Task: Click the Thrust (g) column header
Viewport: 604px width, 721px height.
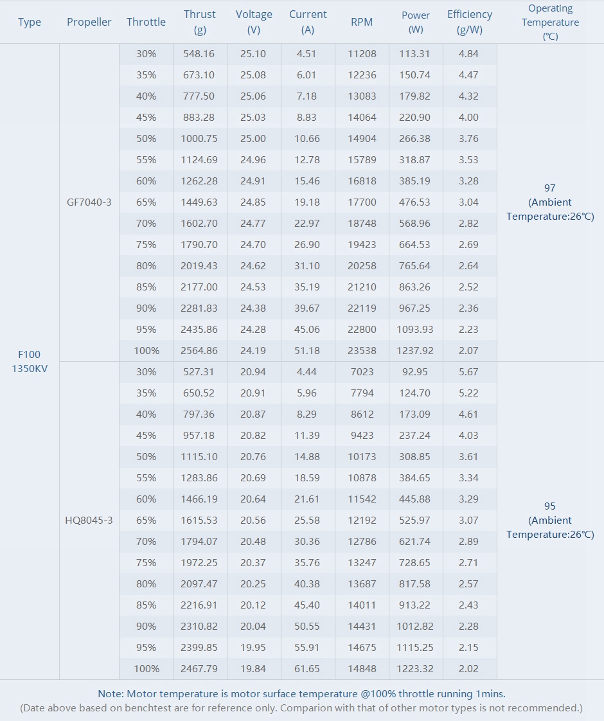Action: coord(200,22)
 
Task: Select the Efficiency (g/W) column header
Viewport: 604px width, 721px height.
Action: coord(470,22)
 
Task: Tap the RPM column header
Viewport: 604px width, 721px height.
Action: coord(362,22)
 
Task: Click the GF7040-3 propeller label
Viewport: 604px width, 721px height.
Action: coord(89,202)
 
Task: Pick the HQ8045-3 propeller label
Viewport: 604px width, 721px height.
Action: coord(89,521)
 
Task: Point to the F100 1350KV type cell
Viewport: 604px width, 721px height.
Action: coord(30,362)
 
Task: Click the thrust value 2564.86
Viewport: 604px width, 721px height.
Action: coord(199,351)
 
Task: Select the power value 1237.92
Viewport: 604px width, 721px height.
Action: coord(415,351)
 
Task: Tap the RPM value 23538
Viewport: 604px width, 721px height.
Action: coord(362,351)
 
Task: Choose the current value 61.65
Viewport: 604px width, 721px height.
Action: coord(307,669)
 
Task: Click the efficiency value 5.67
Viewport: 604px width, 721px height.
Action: coord(468,372)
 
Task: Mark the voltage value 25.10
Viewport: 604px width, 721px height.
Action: coord(253,54)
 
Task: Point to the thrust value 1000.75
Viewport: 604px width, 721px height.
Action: coord(199,139)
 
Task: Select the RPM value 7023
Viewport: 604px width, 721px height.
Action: coord(362,372)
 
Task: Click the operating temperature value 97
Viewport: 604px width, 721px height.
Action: coord(550,188)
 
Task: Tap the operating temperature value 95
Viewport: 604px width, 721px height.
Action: coord(550,506)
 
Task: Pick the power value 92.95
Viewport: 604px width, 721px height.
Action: coord(415,372)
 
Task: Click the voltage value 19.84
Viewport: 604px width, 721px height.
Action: coord(253,669)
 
